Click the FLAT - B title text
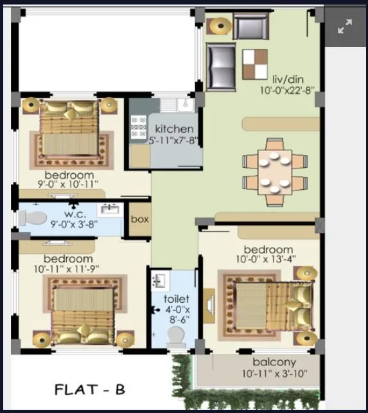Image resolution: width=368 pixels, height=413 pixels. tap(89, 389)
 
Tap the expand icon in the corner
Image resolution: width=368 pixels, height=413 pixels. tap(345, 26)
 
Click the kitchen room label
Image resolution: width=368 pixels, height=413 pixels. tap(174, 129)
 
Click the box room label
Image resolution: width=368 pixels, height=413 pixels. tap(139, 219)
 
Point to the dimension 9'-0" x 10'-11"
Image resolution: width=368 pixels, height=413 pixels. tap(69, 185)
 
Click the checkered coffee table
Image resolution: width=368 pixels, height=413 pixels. tap(255, 62)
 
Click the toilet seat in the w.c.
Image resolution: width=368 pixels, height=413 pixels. tap(34, 217)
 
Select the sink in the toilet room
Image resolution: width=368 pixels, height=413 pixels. tap(159, 281)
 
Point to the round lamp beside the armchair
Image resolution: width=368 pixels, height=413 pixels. tap(220, 26)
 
